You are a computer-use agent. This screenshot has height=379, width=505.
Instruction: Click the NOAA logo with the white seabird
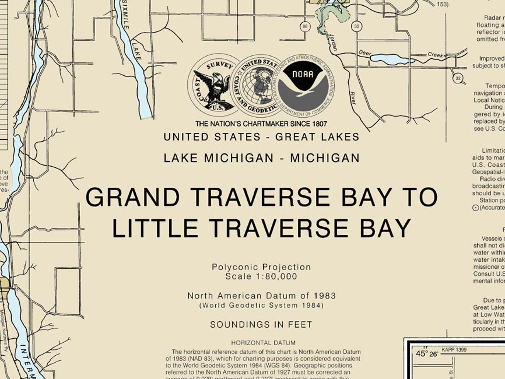click(x=306, y=83)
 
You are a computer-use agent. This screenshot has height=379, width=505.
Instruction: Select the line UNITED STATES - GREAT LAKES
click(x=261, y=137)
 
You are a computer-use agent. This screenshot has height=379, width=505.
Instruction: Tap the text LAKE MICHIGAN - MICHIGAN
click(x=261, y=158)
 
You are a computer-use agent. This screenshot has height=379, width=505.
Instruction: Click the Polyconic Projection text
click(x=261, y=267)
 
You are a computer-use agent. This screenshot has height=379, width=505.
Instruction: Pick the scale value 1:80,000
click(x=275, y=276)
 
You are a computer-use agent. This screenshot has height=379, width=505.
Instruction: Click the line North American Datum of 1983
click(x=261, y=295)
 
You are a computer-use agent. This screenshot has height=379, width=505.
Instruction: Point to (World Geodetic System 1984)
click(x=261, y=306)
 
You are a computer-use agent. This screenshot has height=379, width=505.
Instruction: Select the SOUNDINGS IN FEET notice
click(x=261, y=325)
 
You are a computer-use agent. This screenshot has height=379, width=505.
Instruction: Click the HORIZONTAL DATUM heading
click(x=263, y=343)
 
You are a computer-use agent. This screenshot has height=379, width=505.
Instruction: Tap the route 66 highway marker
click(x=304, y=27)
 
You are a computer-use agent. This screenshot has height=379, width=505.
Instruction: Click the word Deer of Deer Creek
click(x=365, y=53)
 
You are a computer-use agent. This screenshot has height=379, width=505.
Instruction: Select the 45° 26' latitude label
click(x=427, y=353)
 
